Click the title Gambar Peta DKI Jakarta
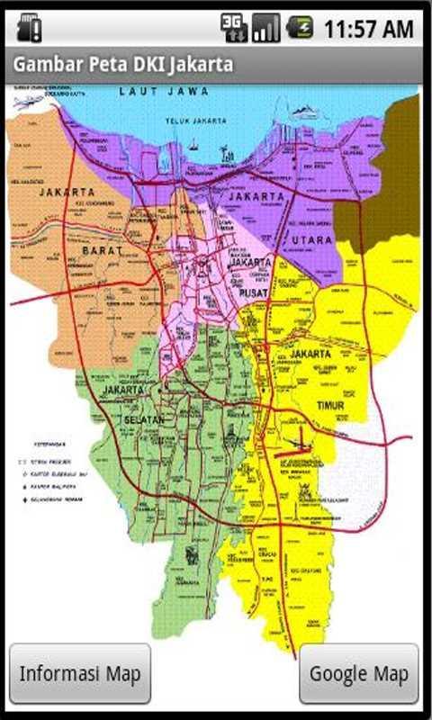[x=122, y=65]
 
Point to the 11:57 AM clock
[x=368, y=29]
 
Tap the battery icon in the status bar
[x=300, y=28]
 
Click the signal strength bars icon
[x=265, y=28]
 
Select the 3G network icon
[x=234, y=28]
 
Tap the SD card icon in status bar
[x=29, y=28]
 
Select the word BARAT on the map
[x=102, y=251]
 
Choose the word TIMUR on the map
[x=330, y=406]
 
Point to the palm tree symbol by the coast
[x=227, y=155]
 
